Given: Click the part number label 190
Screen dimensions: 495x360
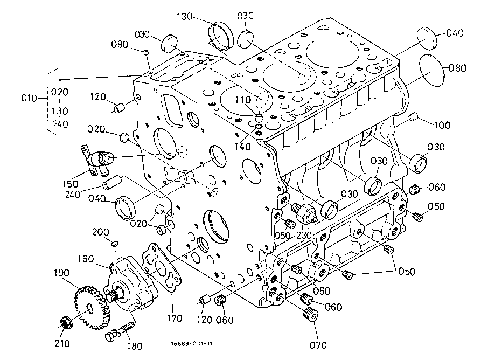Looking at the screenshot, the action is (61, 273).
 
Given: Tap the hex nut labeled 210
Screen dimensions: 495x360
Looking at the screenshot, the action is (66, 322).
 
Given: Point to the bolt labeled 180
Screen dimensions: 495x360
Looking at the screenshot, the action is (120, 331).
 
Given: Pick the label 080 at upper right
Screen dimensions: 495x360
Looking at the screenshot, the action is (457, 68).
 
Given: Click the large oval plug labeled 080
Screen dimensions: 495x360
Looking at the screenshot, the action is (431, 70).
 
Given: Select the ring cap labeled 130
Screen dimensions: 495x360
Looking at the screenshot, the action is (221, 36).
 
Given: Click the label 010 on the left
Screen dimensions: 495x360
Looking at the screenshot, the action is (30, 98).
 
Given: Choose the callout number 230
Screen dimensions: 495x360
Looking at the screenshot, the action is (304, 236).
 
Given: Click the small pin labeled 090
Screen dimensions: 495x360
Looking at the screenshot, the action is (146, 52).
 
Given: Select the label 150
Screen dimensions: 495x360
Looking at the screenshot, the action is (70, 184).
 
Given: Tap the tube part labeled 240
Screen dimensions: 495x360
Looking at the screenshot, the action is (112, 183).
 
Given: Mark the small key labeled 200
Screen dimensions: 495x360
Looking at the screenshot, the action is (115, 243).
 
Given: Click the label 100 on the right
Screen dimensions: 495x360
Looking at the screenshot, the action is (442, 125).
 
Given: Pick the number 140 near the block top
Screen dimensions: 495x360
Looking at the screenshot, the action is (242, 147).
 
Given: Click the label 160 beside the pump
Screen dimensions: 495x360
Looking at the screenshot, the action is (86, 259).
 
